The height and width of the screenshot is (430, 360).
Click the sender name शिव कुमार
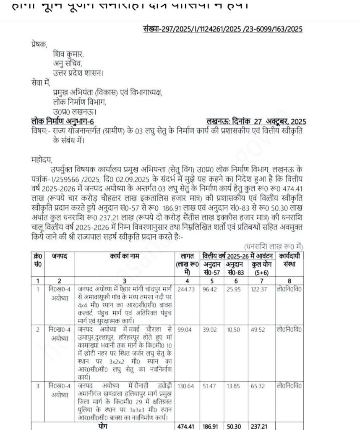pyautogui.click(x=68, y=55)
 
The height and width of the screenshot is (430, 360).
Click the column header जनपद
pyautogui.click(x=57, y=256)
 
